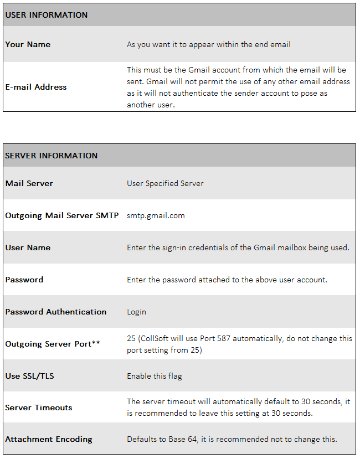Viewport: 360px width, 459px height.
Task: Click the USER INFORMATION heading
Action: tap(47, 15)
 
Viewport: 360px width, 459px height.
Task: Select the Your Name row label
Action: tap(28, 44)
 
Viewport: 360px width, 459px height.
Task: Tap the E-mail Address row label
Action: tap(36, 87)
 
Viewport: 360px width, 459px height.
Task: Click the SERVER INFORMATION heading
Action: tap(52, 156)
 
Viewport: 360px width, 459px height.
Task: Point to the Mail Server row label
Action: tap(29, 183)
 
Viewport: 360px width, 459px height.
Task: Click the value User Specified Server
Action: tap(165, 183)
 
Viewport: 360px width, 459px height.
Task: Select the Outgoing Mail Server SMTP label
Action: tap(62, 215)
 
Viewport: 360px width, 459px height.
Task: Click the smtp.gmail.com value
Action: tap(156, 215)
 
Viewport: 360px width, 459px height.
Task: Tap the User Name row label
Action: tap(28, 247)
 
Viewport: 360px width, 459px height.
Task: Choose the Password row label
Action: tap(24, 280)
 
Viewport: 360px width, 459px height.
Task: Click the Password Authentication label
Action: tap(56, 312)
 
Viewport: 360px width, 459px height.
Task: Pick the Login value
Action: tap(136, 312)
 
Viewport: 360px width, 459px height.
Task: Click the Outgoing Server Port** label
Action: tap(53, 344)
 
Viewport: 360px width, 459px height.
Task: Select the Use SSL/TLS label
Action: tap(30, 376)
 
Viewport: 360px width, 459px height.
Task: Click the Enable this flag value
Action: tap(155, 376)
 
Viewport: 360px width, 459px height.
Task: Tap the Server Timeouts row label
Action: tap(39, 408)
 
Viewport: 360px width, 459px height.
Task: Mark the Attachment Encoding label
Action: tap(49, 439)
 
